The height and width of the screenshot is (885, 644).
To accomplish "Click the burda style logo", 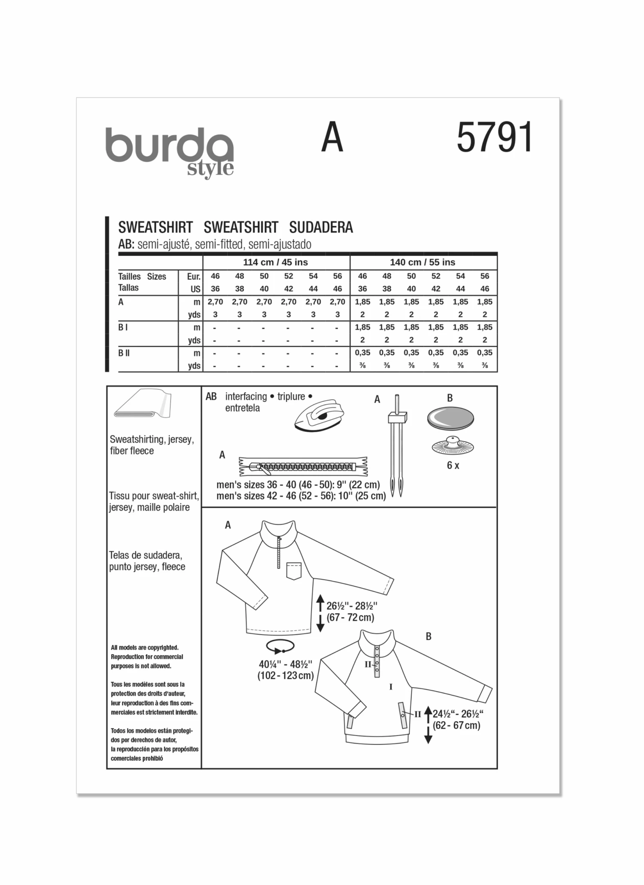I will pyautogui.click(x=170, y=151).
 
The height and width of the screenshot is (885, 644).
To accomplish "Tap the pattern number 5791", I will pyautogui.click(x=494, y=137).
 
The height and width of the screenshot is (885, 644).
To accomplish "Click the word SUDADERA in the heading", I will pyautogui.click(x=321, y=227).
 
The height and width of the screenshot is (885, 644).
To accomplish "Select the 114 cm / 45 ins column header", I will pyautogui.click(x=275, y=262).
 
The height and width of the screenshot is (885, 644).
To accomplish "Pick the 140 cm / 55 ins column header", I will pyautogui.click(x=422, y=262).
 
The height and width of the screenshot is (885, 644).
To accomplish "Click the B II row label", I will pyautogui.click(x=124, y=353).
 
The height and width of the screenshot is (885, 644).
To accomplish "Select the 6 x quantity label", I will pyautogui.click(x=453, y=465).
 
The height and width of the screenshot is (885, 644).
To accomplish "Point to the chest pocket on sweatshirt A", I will pyautogui.click(x=294, y=571).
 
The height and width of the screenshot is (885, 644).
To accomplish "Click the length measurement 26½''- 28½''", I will pyautogui.click(x=351, y=606).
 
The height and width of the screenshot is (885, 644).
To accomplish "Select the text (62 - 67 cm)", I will pyautogui.click(x=456, y=725).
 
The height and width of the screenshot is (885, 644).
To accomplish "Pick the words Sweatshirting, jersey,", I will pyautogui.click(x=152, y=439).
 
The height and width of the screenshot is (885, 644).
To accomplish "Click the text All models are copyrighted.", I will pyautogui.click(x=144, y=648).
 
